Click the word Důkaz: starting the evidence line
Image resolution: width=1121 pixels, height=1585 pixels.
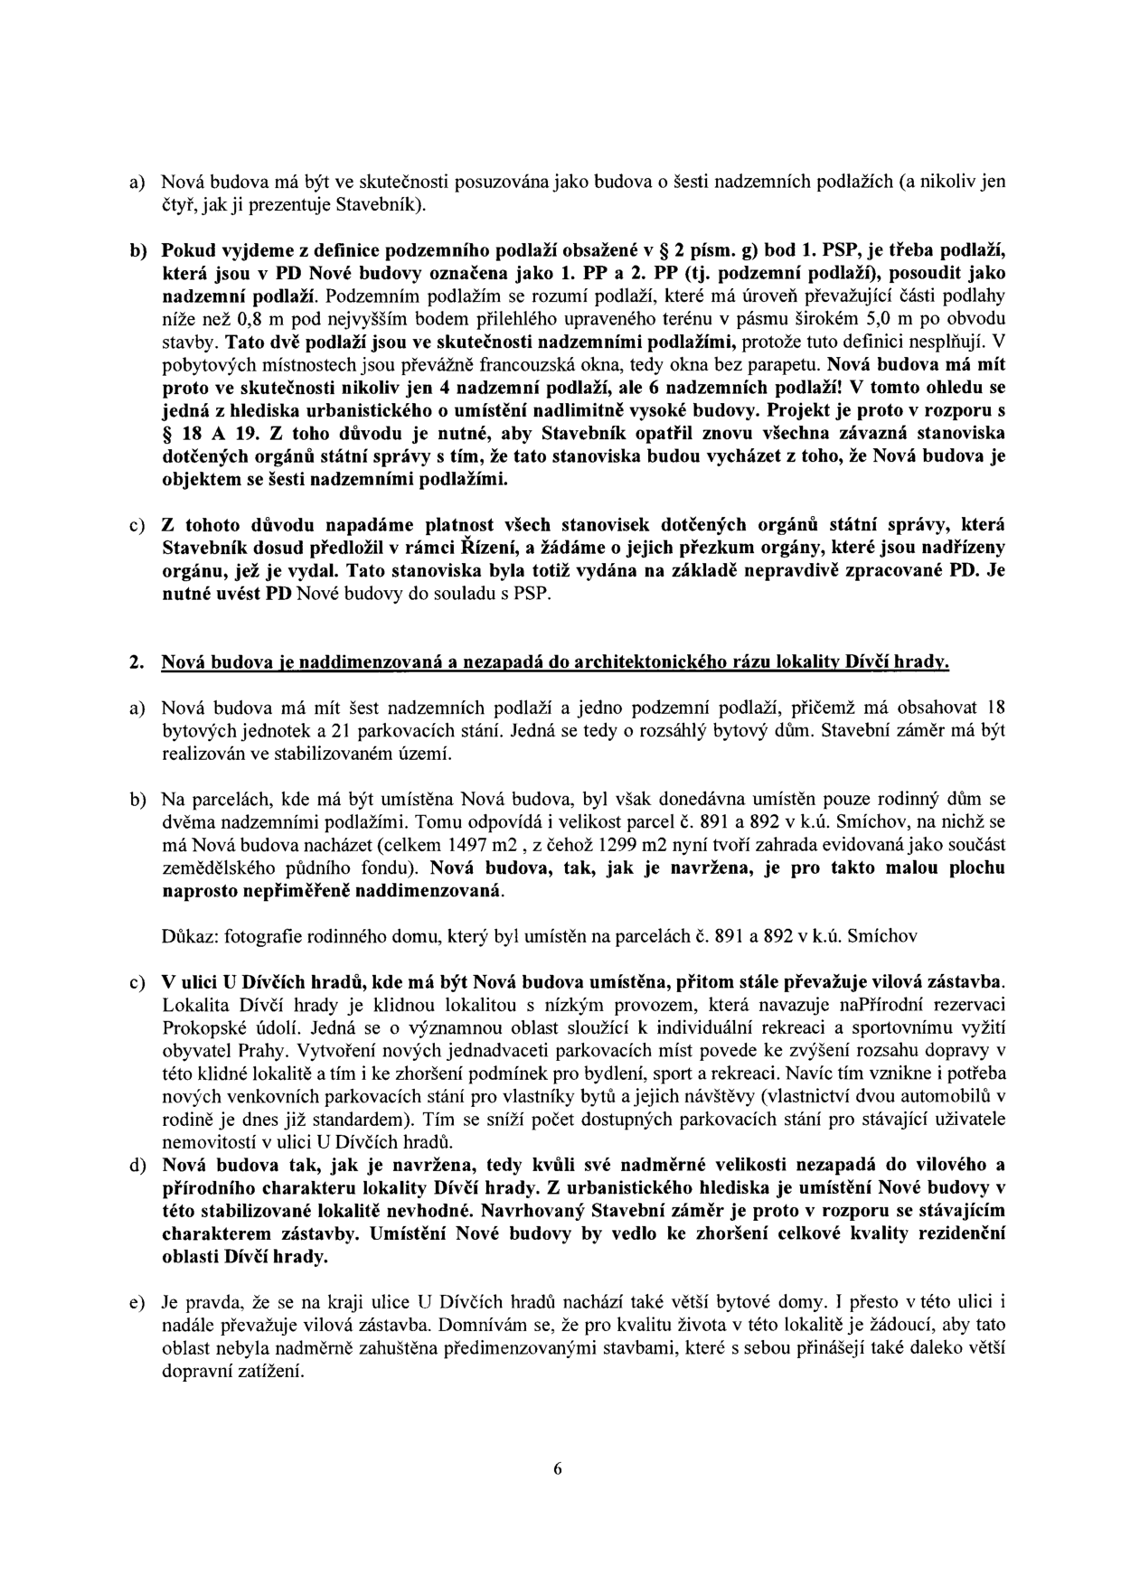[x=186, y=937]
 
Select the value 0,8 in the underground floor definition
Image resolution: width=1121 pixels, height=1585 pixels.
[x=256, y=320]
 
